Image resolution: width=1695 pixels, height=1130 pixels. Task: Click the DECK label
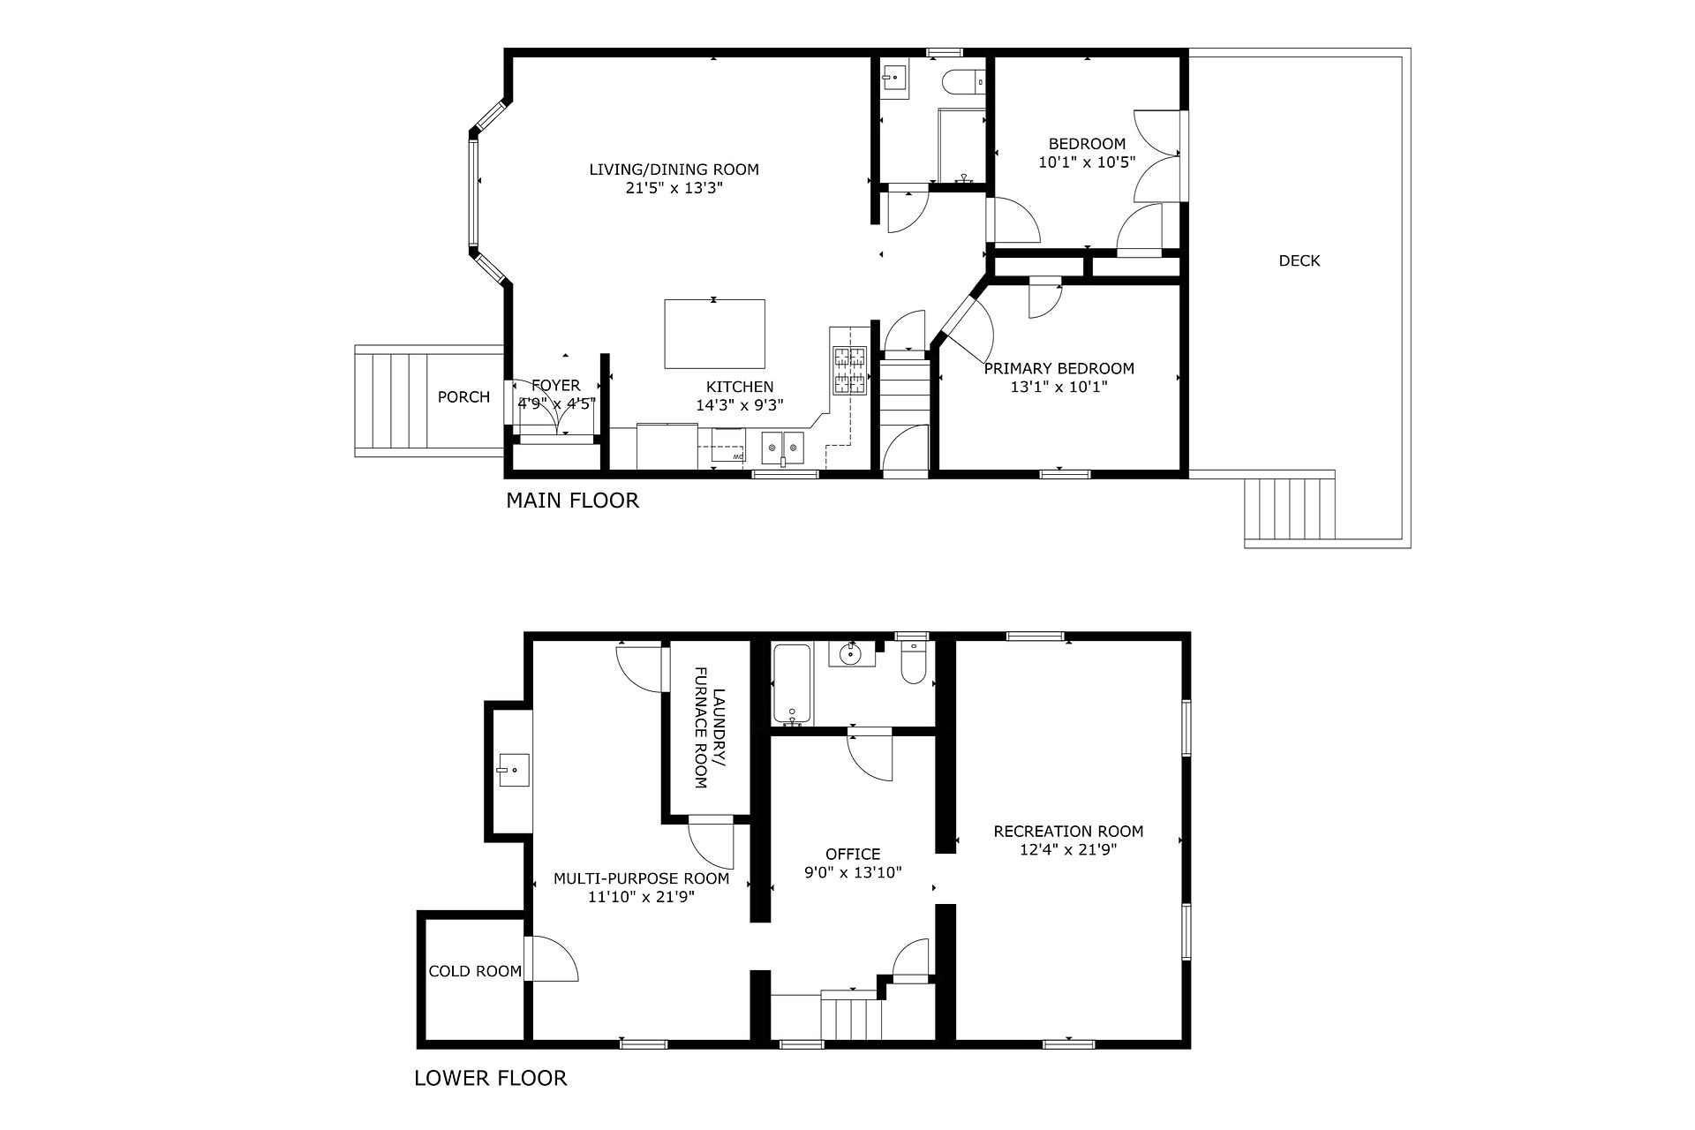pos(1299,260)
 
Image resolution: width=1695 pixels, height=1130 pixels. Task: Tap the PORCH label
pos(463,397)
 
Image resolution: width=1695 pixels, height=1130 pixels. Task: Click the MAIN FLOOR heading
pos(572,501)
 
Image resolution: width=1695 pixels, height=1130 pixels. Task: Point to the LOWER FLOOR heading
pos(491,1078)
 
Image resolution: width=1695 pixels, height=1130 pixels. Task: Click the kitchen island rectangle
pos(714,334)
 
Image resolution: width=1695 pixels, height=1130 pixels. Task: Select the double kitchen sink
pos(783,448)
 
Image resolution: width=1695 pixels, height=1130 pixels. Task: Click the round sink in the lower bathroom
pos(851,654)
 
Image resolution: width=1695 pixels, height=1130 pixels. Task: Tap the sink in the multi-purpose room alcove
pos(512,770)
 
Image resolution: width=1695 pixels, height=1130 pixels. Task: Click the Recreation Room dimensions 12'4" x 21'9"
pos(1068,850)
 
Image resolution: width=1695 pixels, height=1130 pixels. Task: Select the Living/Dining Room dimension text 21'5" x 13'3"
pos(674,188)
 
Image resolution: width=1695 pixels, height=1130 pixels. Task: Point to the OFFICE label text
pos(853,854)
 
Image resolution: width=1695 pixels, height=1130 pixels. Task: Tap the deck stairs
pos(1289,509)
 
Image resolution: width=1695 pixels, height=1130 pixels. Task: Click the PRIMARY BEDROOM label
pos(1059,368)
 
